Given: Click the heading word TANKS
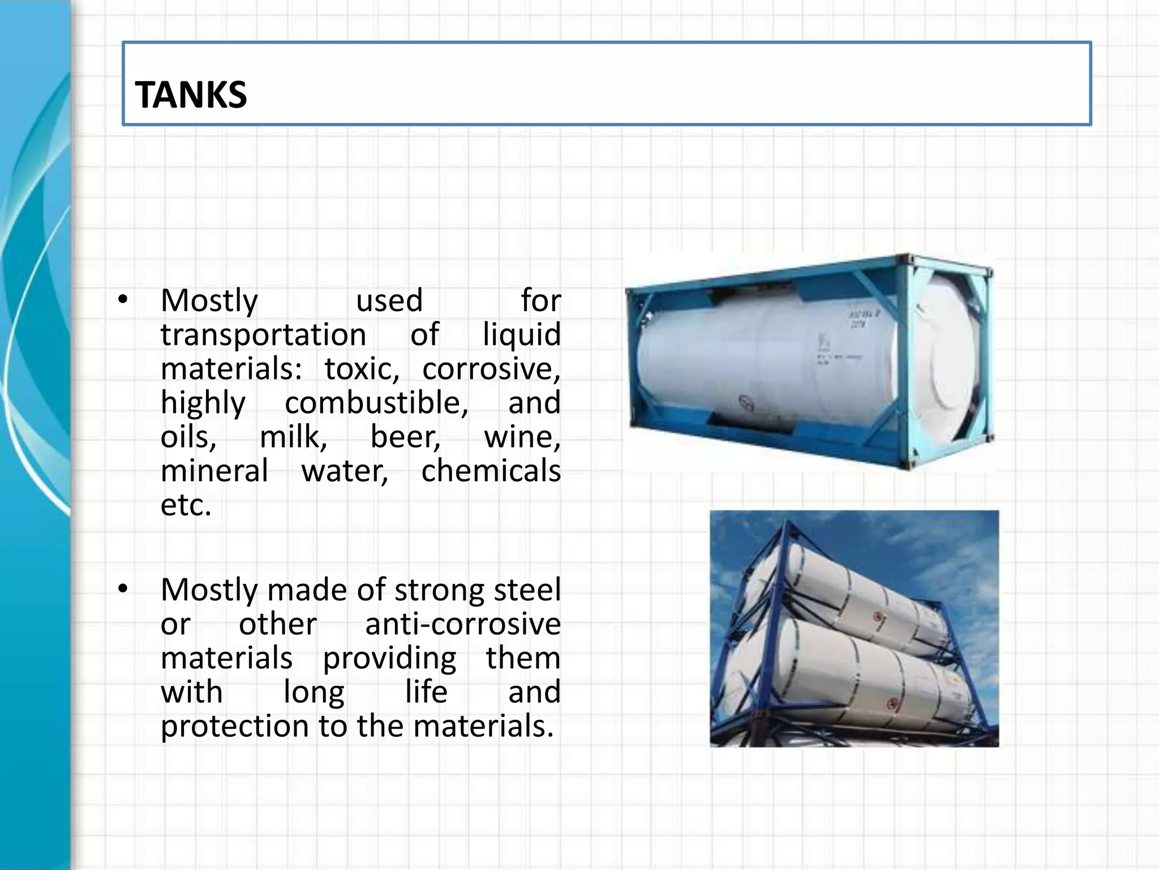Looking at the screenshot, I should point(191,95).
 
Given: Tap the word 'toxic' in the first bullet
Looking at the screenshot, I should point(362,369).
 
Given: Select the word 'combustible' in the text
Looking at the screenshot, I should point(376,403).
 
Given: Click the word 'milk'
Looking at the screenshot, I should point(293,437).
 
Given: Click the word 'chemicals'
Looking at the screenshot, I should point(491,471).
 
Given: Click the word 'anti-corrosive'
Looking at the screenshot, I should point(463,624).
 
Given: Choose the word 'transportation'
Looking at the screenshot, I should point(263,335).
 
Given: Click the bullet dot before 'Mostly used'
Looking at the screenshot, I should point(123,300).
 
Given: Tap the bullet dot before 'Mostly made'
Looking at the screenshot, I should point(123,590).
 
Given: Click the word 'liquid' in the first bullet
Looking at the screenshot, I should point(521,335).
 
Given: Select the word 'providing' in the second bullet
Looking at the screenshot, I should point(389,659).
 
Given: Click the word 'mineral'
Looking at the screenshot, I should point(214,471).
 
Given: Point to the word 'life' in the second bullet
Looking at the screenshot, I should point(426,692).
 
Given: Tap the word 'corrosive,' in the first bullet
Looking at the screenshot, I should point(491,369).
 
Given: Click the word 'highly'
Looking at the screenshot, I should point(203,404).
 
